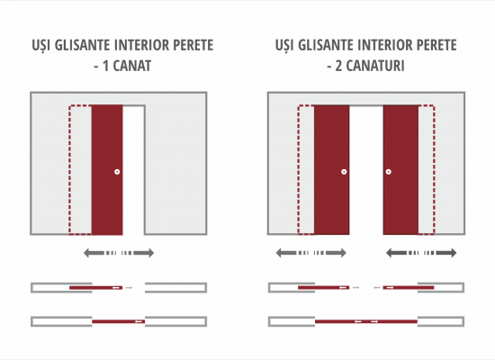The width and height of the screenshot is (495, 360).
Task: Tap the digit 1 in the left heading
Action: point(106,66)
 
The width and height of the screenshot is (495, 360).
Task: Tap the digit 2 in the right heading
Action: point(338,66)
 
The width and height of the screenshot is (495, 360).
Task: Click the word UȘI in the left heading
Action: point(41,45)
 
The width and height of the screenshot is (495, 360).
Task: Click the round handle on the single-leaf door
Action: point(117,172)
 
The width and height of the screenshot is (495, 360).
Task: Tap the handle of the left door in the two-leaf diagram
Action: point(344,172)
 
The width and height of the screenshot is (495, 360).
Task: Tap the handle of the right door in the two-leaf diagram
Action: point(389,172)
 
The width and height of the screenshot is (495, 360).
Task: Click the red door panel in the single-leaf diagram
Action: point(107,170)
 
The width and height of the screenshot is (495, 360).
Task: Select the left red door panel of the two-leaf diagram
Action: point(332,170)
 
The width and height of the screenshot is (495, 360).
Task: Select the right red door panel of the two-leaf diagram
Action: point(400,170)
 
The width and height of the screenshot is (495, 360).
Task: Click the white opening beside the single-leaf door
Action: point(133,170)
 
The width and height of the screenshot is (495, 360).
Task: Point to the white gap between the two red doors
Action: point(366,170)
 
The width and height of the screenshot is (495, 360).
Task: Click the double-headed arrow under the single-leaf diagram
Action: point(119,253)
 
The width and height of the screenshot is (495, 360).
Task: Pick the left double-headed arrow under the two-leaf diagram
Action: point(311,253)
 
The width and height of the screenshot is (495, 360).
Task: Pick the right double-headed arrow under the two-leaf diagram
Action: point(421,253)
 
